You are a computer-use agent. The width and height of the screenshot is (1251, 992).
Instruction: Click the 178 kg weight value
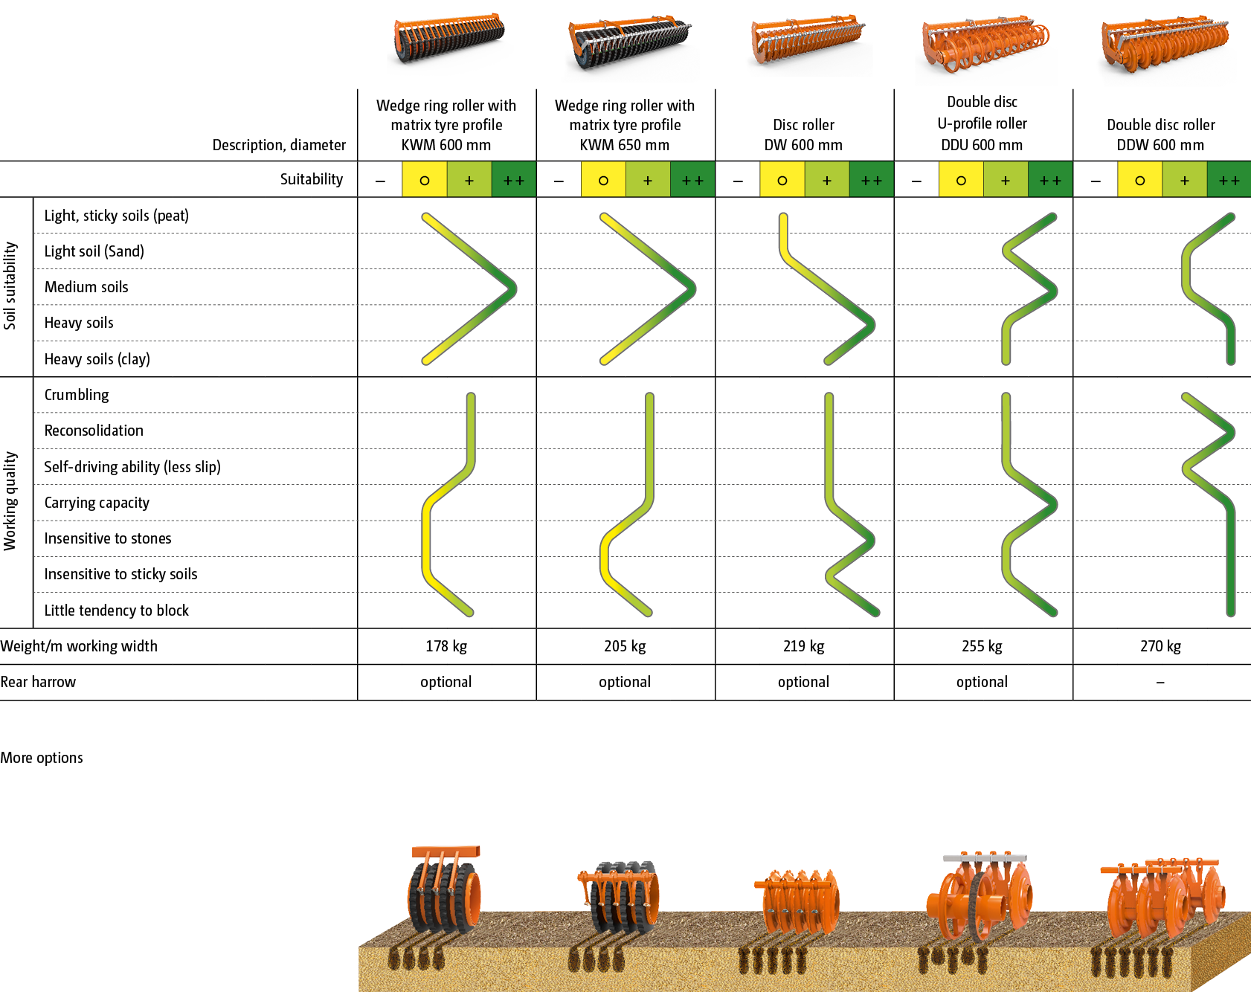pyautogui.click(x=446, y=646)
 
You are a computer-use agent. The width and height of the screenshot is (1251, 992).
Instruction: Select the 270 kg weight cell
pyautogui.click(x=1160, y=646)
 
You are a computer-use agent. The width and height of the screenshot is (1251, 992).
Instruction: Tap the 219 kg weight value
pyautogui.click(x=803, y=646)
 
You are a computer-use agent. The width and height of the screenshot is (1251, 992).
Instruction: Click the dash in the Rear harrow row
pyautogui.click(x=1160, y=683)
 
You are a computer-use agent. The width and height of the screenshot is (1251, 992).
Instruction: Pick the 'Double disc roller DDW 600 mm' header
pyautogui.click(x=1160, y=135)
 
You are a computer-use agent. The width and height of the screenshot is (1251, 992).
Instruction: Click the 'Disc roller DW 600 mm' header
pyautogui.click(x=803, y=135)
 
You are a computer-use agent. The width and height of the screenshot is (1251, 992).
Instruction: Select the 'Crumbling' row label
pyautogui.click(x=77, y=395)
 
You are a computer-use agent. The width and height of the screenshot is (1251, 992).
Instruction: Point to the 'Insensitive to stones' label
pyautogui.click(x=108, y=538)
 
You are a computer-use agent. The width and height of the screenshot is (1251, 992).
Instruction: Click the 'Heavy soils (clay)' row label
pyautogui.click(x=97, y=359)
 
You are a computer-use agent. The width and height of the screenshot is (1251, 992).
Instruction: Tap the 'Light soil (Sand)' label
pyautogui.click(x=94, y=251)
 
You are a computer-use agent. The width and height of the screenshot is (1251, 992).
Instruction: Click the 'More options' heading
pyautogui.click(x=42, y=758)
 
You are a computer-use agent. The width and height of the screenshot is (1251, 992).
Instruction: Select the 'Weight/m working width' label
pyautogui.click(x=79, y=646)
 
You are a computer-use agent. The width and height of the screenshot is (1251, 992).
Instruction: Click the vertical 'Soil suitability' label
pyautogui.click(x=10, y=286)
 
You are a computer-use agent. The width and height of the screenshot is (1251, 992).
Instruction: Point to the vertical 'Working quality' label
pyautogui.click(x=10, y=501)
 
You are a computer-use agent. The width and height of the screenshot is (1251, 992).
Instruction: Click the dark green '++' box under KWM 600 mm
pyautogui.click(x=513, y=180)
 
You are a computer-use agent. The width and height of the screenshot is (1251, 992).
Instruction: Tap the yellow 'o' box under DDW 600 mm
pyautogui.click(x=1139, y=180)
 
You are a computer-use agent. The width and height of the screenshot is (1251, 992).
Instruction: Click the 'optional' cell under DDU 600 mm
pyautogui.click(x=982, y=683)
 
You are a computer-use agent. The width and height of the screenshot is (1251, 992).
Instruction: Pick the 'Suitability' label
pyautogui.click(x=312, y=179)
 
